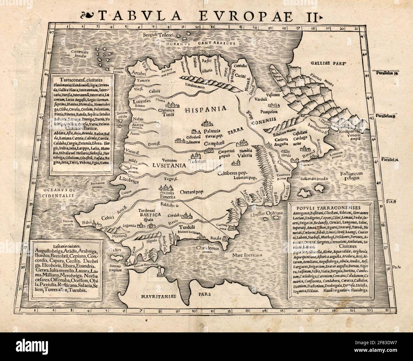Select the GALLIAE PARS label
point(328,63)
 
